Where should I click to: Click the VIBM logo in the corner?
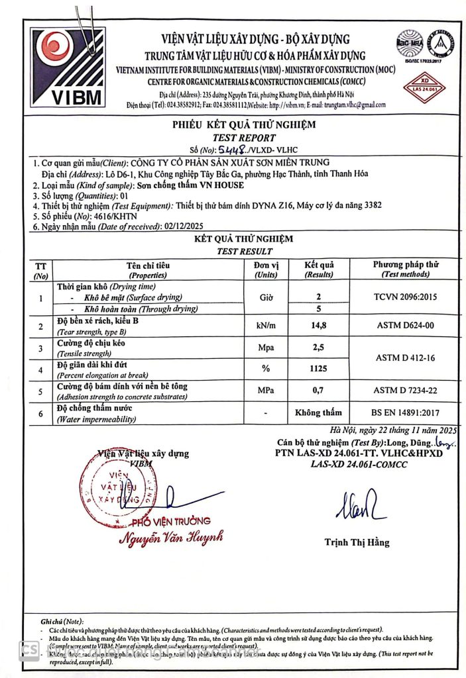pyautogui.click(x=66, y=67)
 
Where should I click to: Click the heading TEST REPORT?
pyautogui.click(x=243, y=138)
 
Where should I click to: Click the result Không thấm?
pyautogui.click(x=318, y=413)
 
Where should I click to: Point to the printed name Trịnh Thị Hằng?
pyautogui.click(x=357, y=542)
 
